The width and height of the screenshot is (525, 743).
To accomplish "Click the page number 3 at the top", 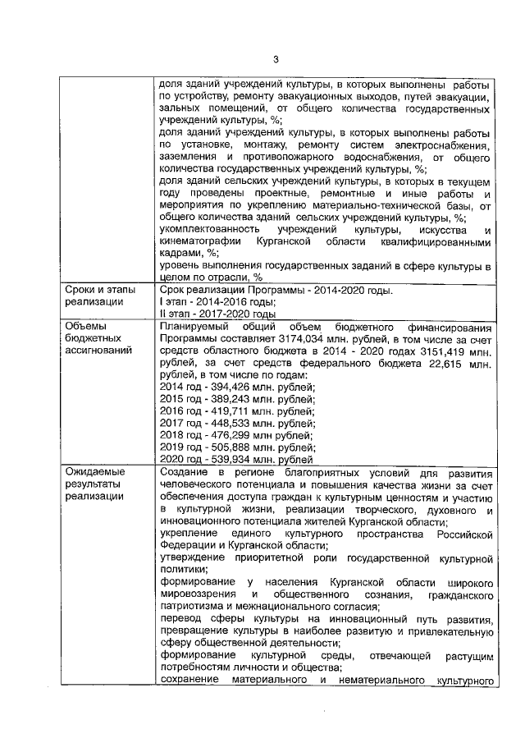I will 276,58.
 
